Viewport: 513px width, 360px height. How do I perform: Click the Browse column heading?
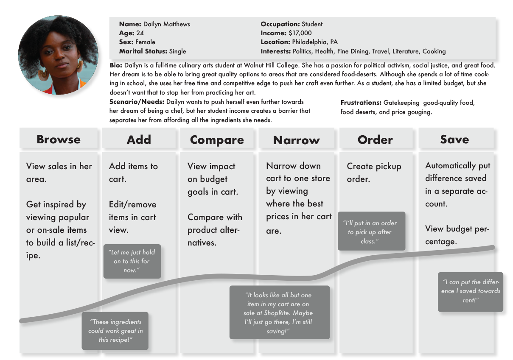point(59,140)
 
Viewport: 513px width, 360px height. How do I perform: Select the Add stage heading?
point(139,140)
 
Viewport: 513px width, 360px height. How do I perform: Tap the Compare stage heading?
point(217,140)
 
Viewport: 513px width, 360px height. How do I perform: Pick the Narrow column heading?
point(296,140)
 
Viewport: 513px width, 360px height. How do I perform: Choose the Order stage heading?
point(375,140)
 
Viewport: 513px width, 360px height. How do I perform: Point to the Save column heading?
point(454,140)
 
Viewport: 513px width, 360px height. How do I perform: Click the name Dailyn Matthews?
point(166,24)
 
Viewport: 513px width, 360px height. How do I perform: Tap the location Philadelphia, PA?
point(315,42)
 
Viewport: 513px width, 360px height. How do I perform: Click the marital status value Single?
point(177,51)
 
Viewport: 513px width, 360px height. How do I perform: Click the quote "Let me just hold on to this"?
point(132,261)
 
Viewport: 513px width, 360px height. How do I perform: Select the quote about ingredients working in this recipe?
point(115,331)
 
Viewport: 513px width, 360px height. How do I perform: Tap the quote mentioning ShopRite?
point(279,313)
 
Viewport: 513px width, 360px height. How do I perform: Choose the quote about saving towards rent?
point(471,291)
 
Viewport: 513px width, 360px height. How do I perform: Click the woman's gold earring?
point(44,74)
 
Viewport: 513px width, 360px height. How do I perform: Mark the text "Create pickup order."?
point(374,173)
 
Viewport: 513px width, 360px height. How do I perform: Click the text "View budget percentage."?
point(457,235)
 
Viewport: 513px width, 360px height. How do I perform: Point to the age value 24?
point(140,33)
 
